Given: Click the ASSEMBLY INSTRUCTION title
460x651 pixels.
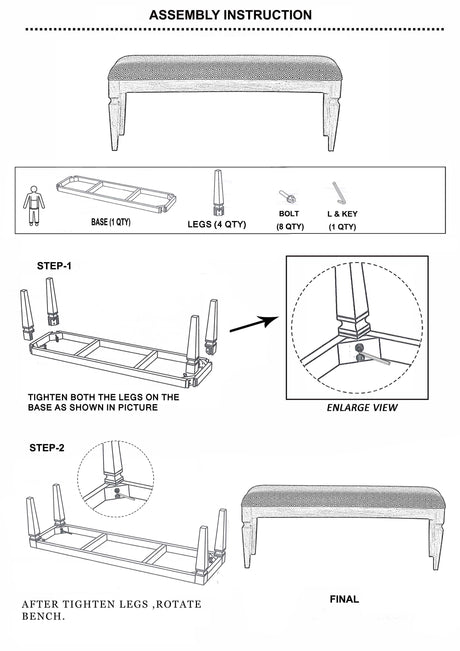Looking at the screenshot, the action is coord(230,15).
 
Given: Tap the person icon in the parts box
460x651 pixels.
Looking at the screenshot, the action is coord(34,206).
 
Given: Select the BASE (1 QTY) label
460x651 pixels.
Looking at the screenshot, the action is coord(111,222).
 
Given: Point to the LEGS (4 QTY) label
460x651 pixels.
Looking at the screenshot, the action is coord(217,224).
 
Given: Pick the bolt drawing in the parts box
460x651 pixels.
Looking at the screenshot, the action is coord(287,196).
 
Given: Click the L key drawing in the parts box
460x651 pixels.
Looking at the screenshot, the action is coord(338,193).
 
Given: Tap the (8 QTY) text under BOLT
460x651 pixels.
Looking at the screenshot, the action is coord(290,227).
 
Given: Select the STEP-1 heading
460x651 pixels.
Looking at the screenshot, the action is coord(54,266).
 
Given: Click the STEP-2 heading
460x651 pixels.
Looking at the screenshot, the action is coord(47,448).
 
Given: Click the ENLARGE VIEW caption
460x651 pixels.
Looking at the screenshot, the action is coord(362,408).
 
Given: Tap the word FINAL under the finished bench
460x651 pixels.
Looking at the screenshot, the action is coord(344,599).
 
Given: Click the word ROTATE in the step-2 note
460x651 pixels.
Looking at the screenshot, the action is coord(179,604).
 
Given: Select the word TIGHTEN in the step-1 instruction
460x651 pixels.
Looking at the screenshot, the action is coord(47,397).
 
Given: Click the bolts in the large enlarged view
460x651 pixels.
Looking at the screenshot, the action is coord(360,352).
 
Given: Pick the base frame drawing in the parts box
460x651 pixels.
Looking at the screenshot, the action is coord(116,194).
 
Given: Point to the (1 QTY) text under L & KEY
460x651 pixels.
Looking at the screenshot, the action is coord(343,227).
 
